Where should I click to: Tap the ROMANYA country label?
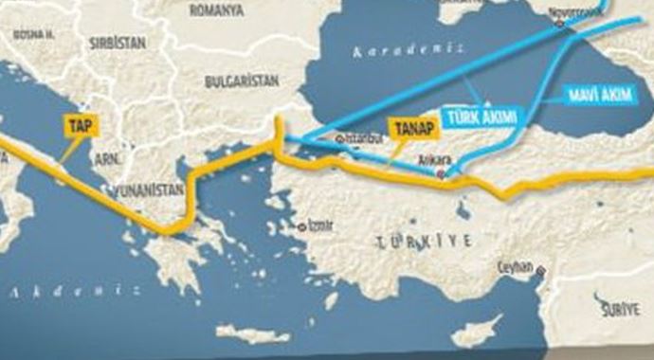216,10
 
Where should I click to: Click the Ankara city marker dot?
440,175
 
